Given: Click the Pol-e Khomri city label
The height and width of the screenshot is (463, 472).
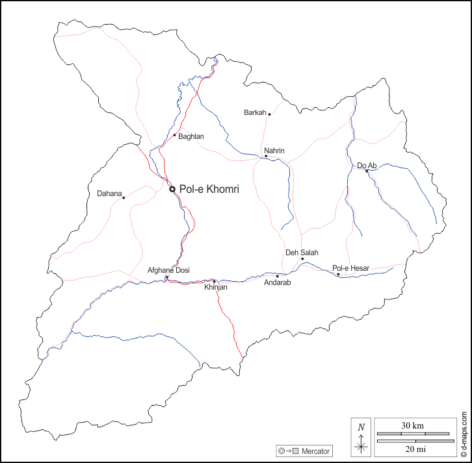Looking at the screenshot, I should [x=209, y=189].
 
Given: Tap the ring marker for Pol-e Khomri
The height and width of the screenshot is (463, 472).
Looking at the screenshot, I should [x=172, y=189].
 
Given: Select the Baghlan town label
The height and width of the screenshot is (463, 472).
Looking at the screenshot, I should [x=191, y=136].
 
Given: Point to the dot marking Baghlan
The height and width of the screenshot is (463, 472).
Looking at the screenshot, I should [x=174, y=135].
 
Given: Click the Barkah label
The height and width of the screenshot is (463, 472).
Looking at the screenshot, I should [x=255, y=112].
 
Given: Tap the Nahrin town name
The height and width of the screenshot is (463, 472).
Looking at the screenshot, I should [x=274, y=151].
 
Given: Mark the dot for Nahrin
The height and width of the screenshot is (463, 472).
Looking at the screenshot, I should [x=266, y=156].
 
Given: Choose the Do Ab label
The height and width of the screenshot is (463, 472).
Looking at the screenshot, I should [x=367, y=166].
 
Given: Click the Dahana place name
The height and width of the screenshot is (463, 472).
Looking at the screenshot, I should [x=109, y=194].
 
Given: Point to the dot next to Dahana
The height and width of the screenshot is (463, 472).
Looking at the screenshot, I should [x=124, y=197].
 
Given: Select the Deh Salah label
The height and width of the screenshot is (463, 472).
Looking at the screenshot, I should [x=302, y=253].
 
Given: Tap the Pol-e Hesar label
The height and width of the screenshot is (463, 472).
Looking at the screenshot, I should [x=350, y=268].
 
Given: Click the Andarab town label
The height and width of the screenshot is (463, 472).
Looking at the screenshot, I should [x=277, y=283].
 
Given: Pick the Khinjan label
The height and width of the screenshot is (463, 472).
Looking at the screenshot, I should [x=216, y=287].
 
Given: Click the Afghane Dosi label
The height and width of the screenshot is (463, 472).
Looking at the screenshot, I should [x=168, y=270].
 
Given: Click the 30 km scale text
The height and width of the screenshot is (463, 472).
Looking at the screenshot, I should [x=412, y=425].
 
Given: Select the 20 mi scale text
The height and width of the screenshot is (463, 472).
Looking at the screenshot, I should [x=412, y=449].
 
